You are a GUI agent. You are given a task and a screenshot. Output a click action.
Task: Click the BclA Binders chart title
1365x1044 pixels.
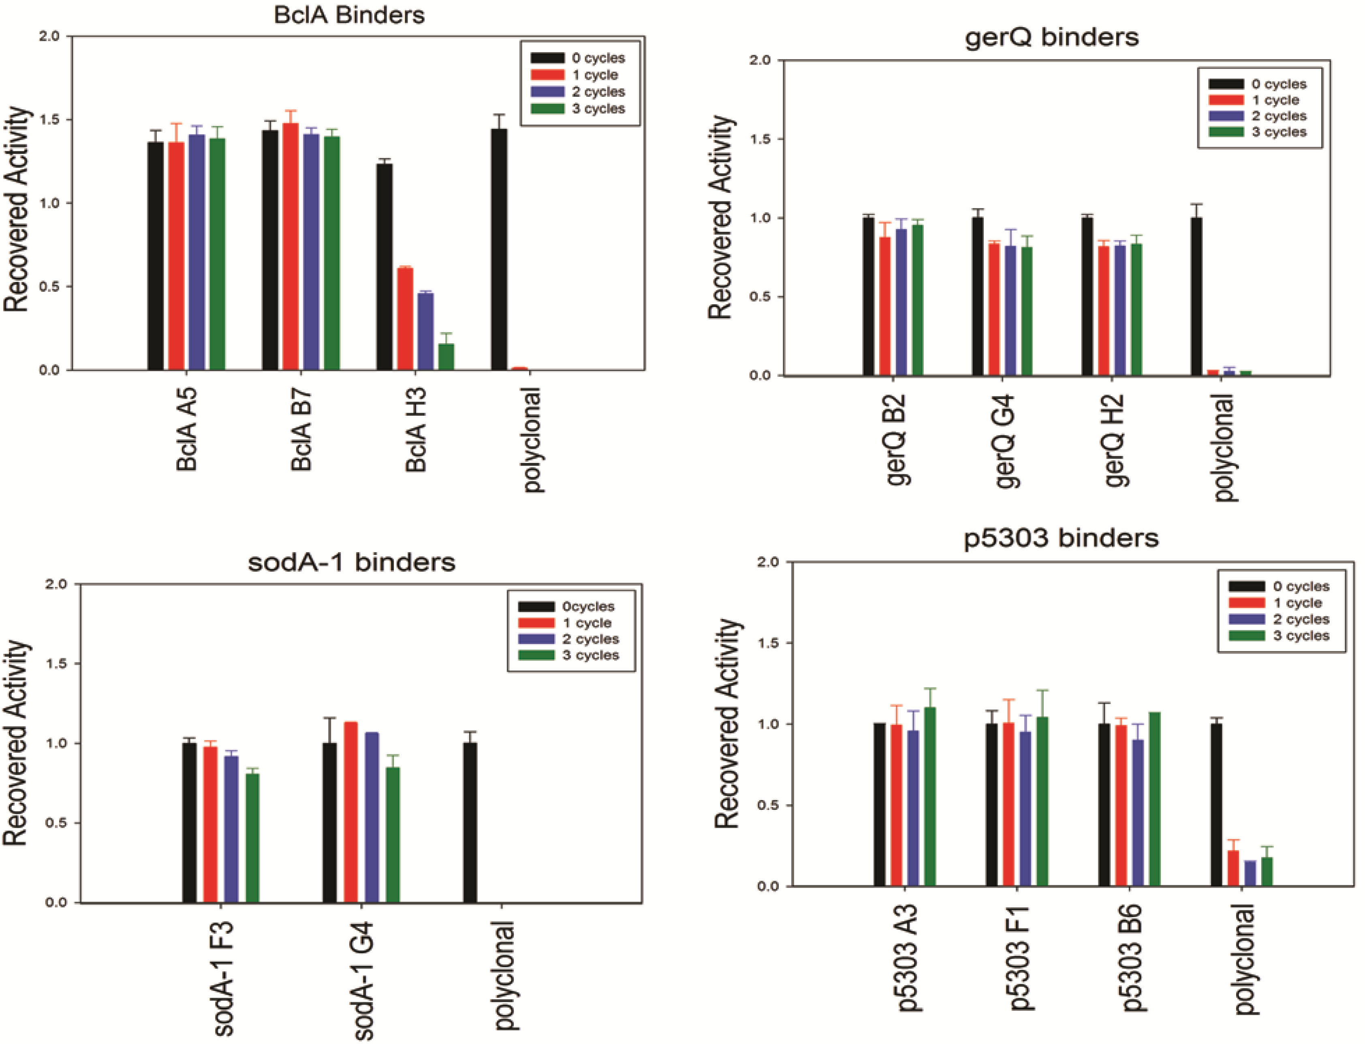(349, 15)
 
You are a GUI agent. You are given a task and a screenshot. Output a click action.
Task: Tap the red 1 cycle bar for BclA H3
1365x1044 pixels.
(405, 319)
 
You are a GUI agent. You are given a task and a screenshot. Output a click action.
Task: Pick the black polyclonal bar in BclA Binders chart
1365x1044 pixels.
(498, 249)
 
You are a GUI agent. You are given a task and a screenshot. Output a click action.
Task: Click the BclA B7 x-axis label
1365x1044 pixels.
(301, 429)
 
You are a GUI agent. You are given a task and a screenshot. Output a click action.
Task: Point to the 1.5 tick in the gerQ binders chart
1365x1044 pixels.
(760, 139)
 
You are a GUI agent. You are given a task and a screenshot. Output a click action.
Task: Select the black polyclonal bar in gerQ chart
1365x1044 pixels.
(1196, 297)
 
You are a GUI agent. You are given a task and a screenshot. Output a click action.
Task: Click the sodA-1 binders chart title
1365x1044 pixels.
(351, 562)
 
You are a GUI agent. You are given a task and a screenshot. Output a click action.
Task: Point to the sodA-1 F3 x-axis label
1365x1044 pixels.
(224, 979)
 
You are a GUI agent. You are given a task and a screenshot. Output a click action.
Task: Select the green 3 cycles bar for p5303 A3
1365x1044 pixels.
(930, 796)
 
